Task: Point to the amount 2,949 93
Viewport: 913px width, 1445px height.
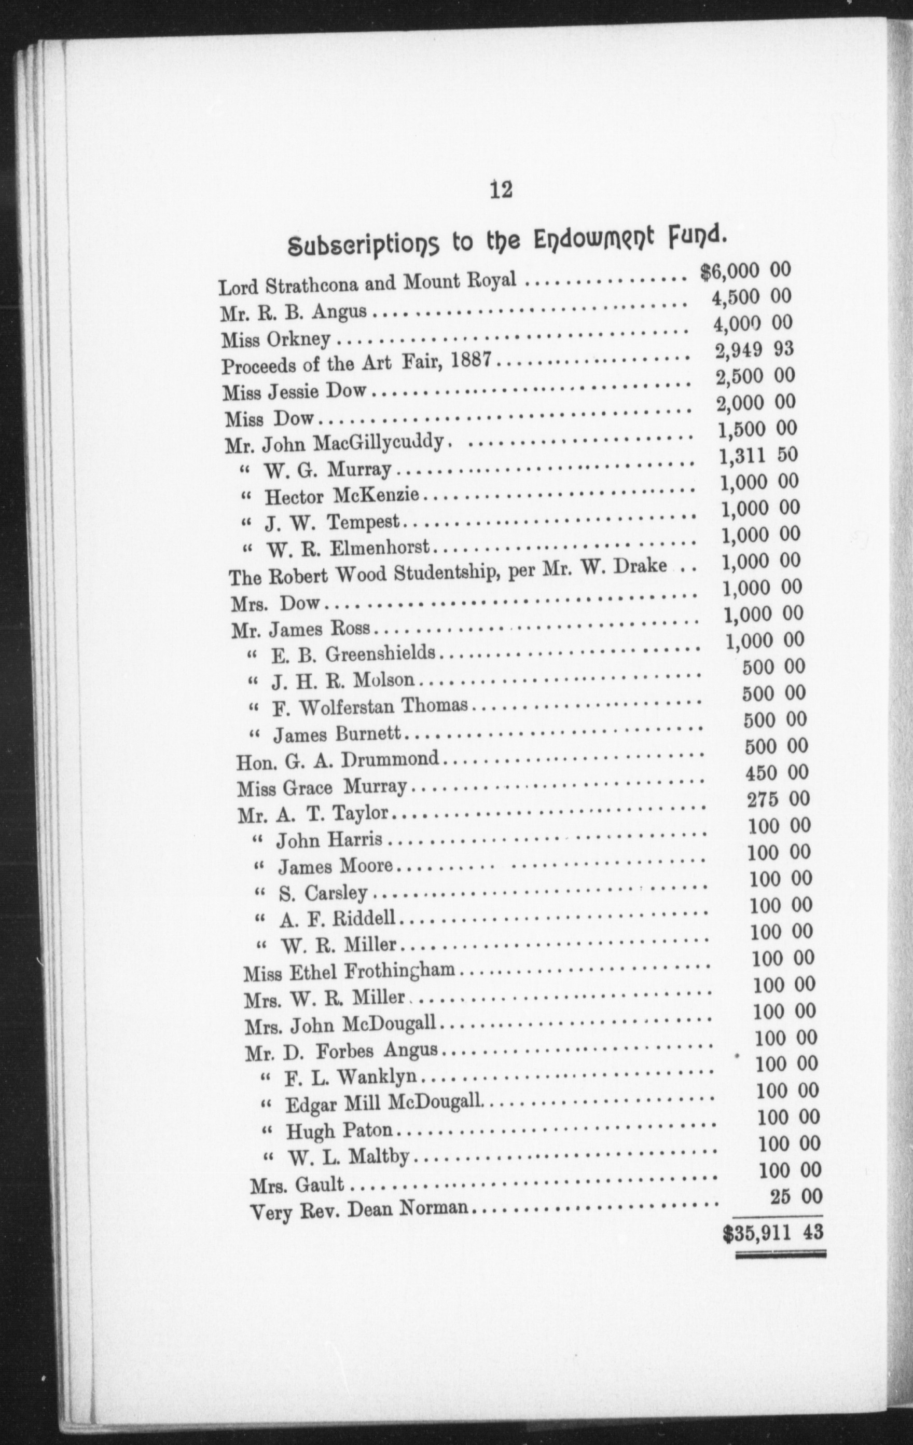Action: pyautogui.click(x=754, y=350)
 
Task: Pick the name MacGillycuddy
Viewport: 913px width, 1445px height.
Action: pyautogui.click(x=378, y=443)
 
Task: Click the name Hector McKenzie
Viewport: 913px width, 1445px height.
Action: pyautogui.click(x=342, y=496)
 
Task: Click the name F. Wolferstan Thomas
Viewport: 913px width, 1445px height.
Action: pyautogui.click(x=370, y=706)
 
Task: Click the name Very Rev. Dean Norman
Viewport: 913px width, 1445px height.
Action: pyautogui.click(x=359, y=1208)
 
